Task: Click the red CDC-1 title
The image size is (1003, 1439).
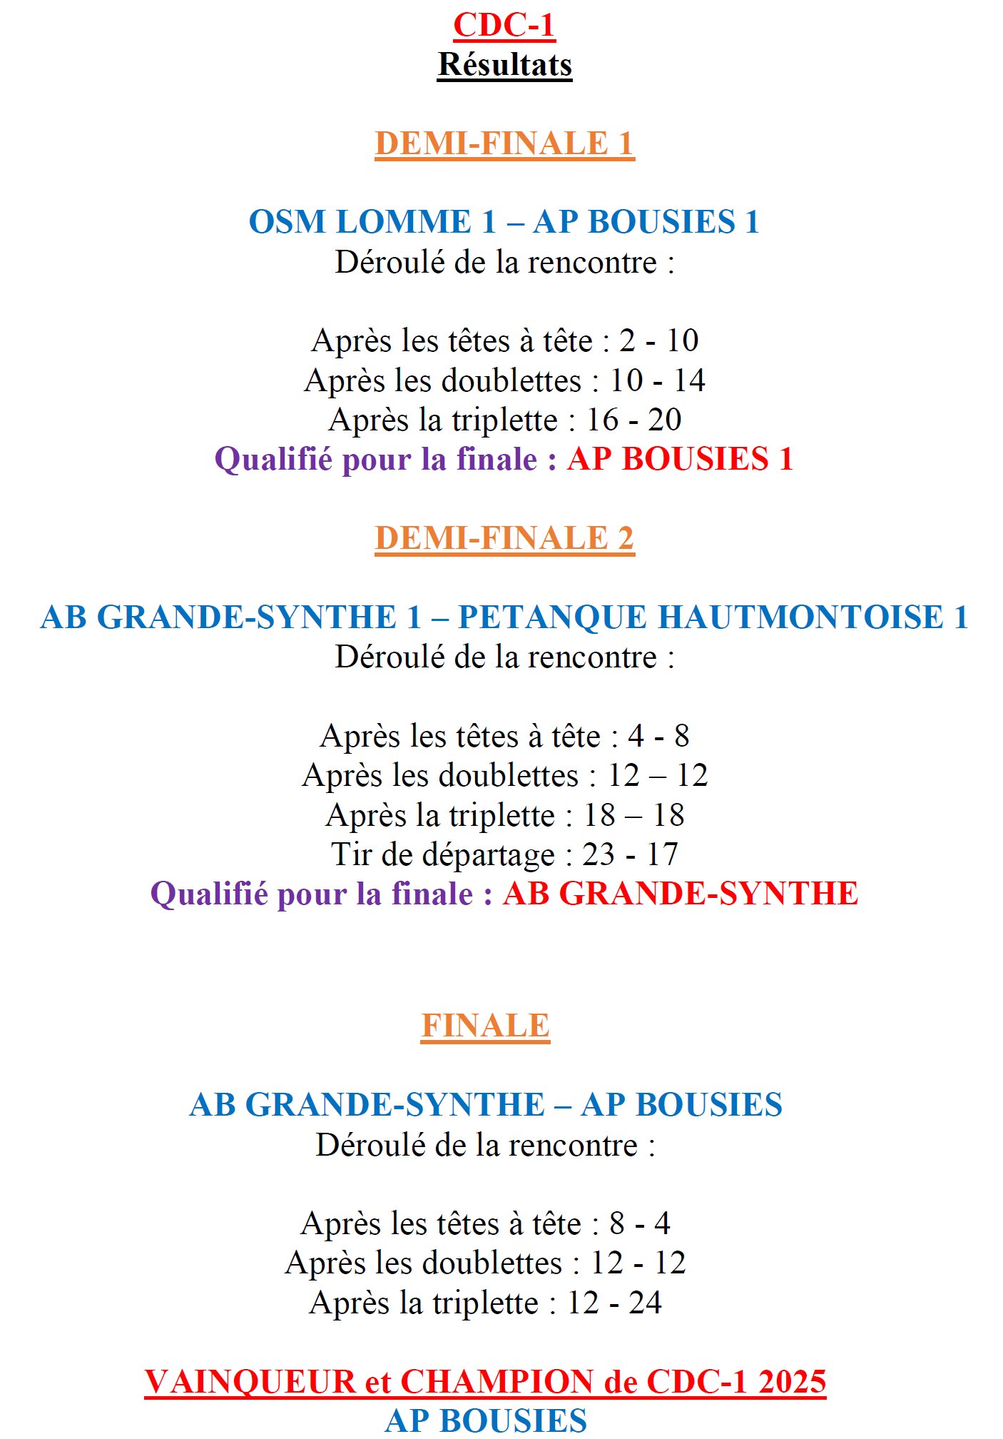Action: tap(504, 26)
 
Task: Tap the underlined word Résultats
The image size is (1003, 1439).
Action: tap(504, 65)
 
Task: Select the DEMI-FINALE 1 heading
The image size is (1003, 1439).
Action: tap(504, 143)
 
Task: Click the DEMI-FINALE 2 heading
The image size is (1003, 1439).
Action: tap(504, 538)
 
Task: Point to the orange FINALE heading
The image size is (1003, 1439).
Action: tap(485, 1026)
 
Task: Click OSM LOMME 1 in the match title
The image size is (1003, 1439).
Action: tap(372, 222)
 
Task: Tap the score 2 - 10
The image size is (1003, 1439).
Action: tap(658, 340)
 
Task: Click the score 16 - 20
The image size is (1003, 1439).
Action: tap(633, 420)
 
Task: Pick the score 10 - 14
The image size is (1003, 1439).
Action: tap(657, 380)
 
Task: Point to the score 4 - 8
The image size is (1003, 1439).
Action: tap(658, 736)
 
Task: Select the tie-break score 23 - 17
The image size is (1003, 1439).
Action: tap(630, 854)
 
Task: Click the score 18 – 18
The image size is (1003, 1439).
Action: tap(633, 815)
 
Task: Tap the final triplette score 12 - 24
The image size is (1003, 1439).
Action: tap(614, 1303)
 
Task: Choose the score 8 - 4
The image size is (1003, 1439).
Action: tap(639, 1223)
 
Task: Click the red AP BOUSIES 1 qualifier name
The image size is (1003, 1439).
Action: tap(680, 459)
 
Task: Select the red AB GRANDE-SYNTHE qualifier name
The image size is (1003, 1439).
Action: tap(680, 894)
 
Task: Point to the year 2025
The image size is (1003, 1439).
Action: tap(792, 1382)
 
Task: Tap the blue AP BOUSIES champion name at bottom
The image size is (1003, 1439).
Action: tap(486, 1420)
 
